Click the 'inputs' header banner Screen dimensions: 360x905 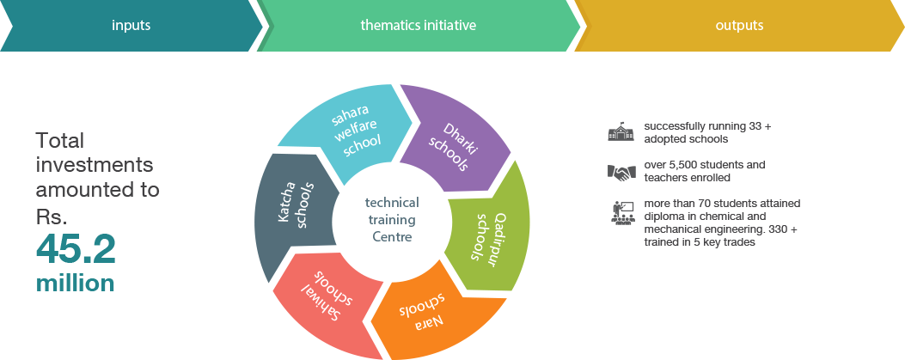click(x=131, y=26)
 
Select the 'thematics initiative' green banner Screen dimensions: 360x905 click(x=418, y=26)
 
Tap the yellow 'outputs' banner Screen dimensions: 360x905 click(x=738, y=26)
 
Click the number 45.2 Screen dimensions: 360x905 click(x=76, y=250)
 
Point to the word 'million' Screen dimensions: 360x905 click(x=75, y=284)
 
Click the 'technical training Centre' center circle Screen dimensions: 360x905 click(x=392, y=218)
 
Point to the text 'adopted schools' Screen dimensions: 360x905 click(x=686, y=138)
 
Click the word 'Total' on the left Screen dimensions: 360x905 click(x=60, y=141)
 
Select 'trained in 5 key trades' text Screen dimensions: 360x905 click(x=699, y=242)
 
